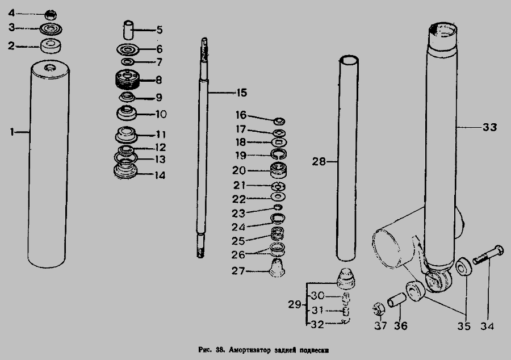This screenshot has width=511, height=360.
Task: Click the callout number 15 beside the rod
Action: pos(241,93)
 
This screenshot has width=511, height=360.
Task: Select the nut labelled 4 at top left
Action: pos(51,15)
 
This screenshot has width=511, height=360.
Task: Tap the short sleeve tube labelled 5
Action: pos(128,30)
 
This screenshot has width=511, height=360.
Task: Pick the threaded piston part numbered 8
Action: pos(128,79)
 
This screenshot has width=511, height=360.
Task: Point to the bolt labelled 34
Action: pos(488,255)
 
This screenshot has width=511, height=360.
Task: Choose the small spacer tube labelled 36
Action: pos(397,300)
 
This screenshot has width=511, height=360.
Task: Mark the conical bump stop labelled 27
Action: pos(277,267)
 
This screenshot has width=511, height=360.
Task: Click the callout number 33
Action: pos(489,127)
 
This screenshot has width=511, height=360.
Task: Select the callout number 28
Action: pos(319,161)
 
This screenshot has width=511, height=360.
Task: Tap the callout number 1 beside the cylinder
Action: pos(12,132)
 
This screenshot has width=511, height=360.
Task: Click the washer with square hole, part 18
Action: pos(279,143)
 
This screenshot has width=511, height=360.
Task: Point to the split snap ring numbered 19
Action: pos(279,154)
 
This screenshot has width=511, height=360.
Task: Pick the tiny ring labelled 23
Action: pos(278,207)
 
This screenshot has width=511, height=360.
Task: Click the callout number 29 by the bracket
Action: pos(295,304)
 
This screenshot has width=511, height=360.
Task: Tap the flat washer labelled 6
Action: pos(128,49)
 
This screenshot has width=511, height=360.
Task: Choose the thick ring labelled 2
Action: pos(51,46)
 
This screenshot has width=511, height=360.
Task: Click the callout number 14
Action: pos(160,175)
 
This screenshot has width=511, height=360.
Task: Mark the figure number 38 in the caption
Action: pos(219,350)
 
